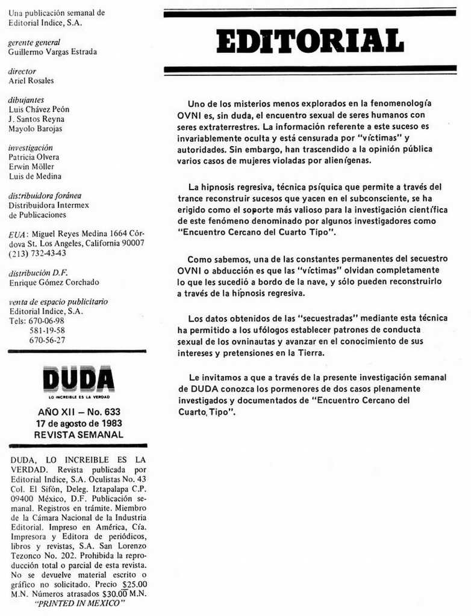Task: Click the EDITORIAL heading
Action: [310, 41]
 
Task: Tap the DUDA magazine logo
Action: [78, 379]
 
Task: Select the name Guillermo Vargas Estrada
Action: [52, 52]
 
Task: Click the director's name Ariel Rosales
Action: [31, 81]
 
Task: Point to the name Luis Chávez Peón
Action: [39, 109]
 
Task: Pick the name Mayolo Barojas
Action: [36, 129]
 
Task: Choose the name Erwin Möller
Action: [31, 167]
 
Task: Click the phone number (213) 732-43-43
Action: [37, 253]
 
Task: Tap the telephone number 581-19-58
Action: [47, 330]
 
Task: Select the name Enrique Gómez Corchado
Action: [54, 282]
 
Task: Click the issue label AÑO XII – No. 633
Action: [79, 412]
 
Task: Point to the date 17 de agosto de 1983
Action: [79, 423]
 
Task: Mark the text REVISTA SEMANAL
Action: [79, 434]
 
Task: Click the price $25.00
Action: [134, 584]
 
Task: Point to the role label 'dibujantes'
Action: [26, 100]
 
